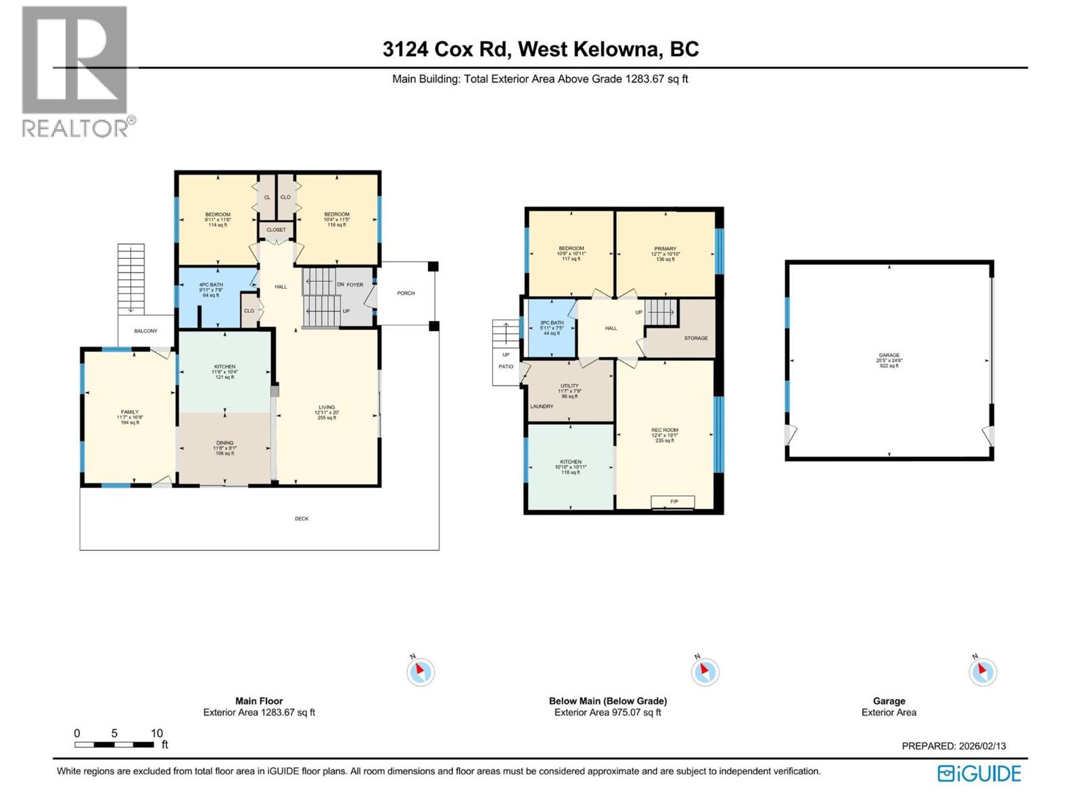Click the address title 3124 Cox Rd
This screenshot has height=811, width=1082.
540,49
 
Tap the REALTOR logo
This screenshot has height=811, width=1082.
75,71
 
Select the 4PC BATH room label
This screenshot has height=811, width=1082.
211,285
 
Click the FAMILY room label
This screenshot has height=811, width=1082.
129,412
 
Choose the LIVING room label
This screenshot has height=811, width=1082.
327,408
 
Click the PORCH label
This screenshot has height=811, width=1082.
406,293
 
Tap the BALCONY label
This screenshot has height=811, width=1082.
145,331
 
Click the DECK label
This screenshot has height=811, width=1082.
302,519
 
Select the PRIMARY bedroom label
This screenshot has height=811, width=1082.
665,249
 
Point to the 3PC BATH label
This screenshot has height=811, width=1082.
552,323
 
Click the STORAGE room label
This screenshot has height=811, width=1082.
696,338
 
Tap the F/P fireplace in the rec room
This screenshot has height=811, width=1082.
674,501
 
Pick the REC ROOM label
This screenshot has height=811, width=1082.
665,431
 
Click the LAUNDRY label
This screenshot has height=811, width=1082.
542,407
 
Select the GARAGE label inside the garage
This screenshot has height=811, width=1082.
889,355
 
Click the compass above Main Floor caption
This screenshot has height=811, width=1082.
420,672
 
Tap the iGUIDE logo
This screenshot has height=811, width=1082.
979,773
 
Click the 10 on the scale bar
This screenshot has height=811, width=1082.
157,733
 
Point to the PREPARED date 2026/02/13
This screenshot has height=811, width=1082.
954,746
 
